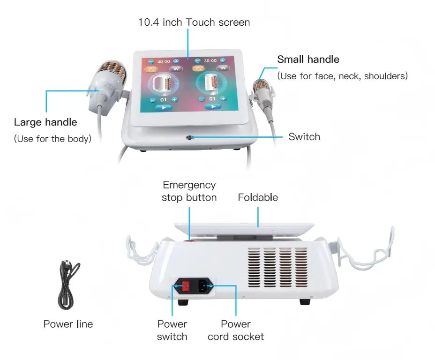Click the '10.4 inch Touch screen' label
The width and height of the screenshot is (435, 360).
pos(194,22)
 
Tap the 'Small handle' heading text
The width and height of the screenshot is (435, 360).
pos(308,60)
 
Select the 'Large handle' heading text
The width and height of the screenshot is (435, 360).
pos(45,122)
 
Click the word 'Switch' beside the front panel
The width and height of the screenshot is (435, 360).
pos(304,137)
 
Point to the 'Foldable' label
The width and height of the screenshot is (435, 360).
pos(258,197)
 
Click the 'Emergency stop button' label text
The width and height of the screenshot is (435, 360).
pos(189,191)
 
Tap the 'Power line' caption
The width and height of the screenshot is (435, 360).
pos(68,324)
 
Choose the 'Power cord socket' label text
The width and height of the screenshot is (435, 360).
pos(235,330)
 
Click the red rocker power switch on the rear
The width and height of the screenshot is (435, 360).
pos(185,285)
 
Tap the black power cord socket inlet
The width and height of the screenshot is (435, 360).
pos(204,285)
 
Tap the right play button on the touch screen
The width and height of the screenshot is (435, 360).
pos(213,106)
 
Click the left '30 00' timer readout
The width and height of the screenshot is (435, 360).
pos(163,61)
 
